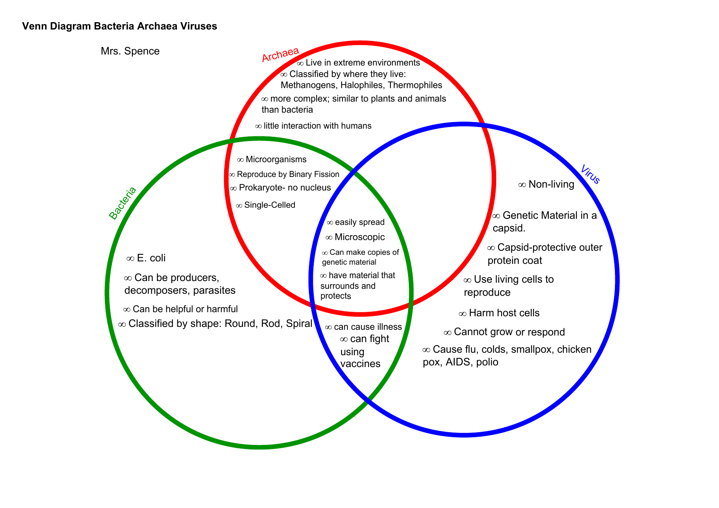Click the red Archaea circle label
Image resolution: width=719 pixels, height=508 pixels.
(x=280, y=54)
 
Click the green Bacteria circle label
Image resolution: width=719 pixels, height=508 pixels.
(x=122, y=203)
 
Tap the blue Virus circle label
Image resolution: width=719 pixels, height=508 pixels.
(x=590, y=175)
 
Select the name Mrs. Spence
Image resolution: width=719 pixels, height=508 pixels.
(x=130, y=51)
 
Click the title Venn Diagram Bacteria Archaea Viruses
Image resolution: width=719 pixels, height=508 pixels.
(x=120, y=26)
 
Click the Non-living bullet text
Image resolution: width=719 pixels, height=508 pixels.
(x=551, y=184)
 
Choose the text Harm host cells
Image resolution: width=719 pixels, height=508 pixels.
(x=504, y=313)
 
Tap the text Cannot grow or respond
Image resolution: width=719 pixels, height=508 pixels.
(x=509, y=332)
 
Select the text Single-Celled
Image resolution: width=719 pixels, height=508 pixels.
(x=270, y=205)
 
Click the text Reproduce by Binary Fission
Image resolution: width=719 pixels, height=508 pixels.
(x=288, y=175)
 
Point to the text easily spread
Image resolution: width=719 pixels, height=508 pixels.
(x=360, y=222)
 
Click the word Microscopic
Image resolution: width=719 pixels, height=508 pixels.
(x=360, y=237)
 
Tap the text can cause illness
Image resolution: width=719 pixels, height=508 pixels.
(x=368, y=327)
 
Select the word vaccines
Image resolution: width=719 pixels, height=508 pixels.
(x=361, y=364)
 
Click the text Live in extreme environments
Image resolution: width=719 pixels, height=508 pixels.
(x=363, y=63)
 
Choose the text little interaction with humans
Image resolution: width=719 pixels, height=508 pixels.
(x=318, y=126)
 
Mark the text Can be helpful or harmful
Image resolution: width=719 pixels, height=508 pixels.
(x=185, y=309)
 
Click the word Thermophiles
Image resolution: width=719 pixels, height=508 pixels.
(x=415, y=85)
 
